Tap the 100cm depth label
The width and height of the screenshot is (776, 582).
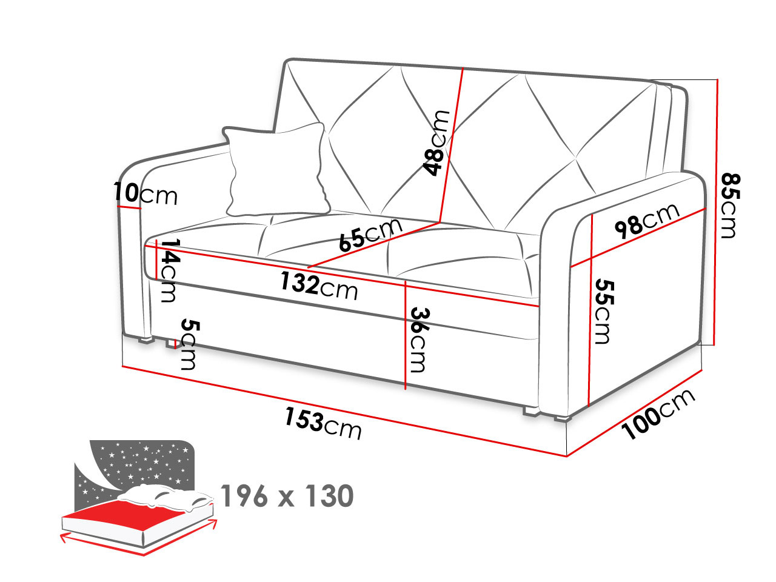tap(658, 415)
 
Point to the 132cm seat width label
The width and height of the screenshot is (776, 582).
tap(319, 286)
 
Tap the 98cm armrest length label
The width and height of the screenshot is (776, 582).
tap(647, 221)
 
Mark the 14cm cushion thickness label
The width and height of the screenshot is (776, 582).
tap(169, 270)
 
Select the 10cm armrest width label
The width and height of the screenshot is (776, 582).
tap(145, 193)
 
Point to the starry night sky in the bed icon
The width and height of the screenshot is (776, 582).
tap(141, 463)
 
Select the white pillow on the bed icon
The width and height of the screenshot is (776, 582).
tap(166, 497)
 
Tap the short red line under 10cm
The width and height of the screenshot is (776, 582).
tap(129, 207)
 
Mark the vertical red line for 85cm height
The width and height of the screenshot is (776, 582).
tap(715, 212)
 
